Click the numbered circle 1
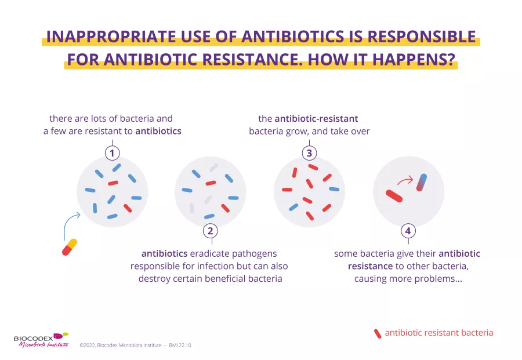[x=112, y=153]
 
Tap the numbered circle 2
[x=211, y=231]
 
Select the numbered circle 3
[x=309, y=153]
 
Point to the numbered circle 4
[x=408, y=231]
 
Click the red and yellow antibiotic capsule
[x=70, y=247]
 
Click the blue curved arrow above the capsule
[x=69, y=222]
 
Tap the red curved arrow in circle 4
[x=405, y=181]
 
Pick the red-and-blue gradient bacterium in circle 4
[x=422, y=183]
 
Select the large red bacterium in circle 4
[x=394, y=196]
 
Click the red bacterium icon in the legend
[x=378, y=334]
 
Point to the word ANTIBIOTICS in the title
[x=293, y=37]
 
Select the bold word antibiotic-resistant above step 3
[x=316, y=118]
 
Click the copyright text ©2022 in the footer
[x=88, y=346]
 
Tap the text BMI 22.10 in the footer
[x=180, y=346]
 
